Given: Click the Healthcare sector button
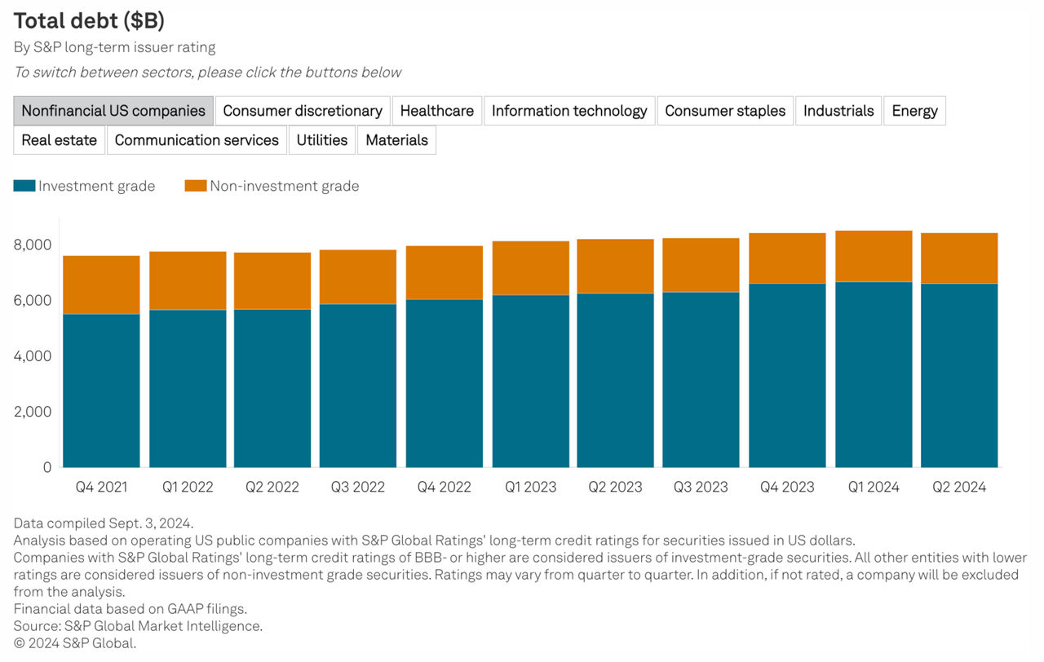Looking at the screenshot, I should point(436,111).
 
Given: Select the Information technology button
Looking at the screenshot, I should point(569,111).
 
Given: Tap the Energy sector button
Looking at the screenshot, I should point(914,111).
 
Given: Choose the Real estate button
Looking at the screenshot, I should point(59,140).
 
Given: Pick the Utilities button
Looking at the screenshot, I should point(321,140).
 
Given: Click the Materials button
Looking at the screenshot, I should point(396,140).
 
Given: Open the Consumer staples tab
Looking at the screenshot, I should point(725,111).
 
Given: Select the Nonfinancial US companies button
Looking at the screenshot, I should point(113,111).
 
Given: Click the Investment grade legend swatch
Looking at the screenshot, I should point(24,186).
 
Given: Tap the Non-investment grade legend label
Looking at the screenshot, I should point(284,186).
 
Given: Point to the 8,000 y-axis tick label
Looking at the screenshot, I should point(33,245).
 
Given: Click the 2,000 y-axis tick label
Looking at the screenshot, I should point(33,412).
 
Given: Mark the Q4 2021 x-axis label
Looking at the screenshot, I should point(101,488).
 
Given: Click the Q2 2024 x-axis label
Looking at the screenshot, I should point(959,488).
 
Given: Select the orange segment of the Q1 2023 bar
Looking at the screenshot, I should point(530,267).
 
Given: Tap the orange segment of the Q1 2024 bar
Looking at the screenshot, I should point(874,256).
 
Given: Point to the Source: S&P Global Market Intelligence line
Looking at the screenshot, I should point(138,626).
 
